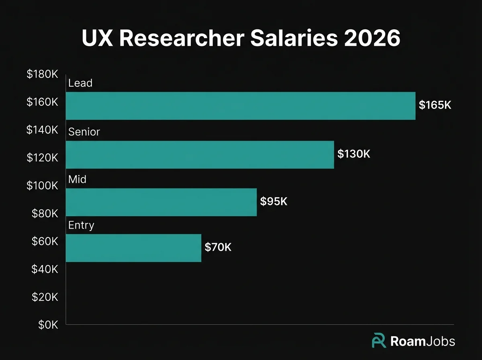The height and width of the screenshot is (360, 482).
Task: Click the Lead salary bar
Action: coord(240,106)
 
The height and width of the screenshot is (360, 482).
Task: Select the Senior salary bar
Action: coord(200,155)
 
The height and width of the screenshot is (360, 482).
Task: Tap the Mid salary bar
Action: coord(161,202)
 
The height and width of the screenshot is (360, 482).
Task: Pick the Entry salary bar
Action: coord(133,248)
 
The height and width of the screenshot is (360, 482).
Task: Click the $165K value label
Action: coord(435,105)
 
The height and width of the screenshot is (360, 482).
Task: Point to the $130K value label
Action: coord(353,154)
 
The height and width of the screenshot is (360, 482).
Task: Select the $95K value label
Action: coord(274,201)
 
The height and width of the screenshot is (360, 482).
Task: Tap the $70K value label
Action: coord(218,247)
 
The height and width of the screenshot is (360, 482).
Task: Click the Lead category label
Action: coord(80,83)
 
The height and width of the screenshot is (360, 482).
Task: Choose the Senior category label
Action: coord(84,132)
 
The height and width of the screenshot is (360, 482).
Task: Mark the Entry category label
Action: coord(81,225)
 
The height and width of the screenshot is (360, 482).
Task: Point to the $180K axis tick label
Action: coord(43,74)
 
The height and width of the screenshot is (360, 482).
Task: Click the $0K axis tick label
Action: coord(48,325)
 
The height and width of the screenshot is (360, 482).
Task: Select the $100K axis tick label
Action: coord(43,186)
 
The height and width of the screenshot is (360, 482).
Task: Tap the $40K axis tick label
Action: coord(45,269)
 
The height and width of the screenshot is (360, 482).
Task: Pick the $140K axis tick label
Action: coord(43,130)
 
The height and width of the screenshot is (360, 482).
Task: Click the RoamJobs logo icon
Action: coord(379,341)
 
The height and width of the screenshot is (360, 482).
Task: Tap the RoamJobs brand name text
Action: coord(423,342)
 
